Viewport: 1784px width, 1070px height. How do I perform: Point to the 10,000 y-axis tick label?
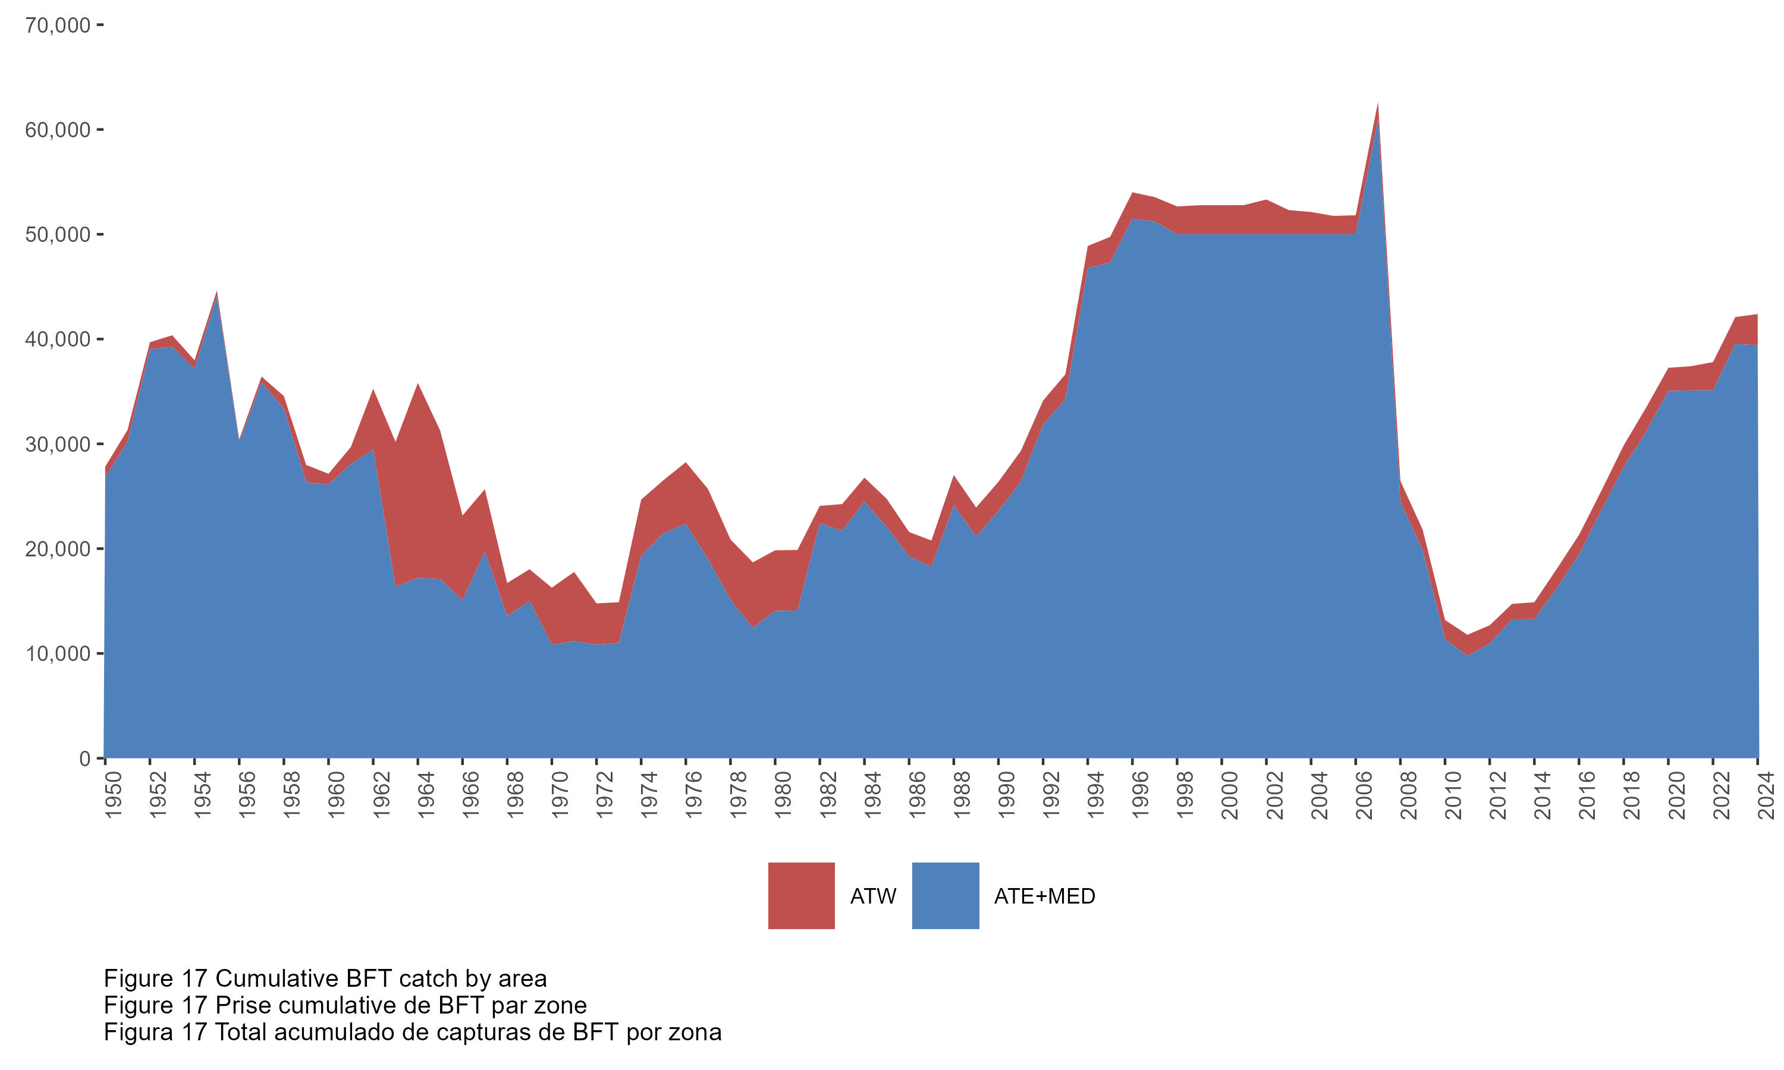coord(58,654)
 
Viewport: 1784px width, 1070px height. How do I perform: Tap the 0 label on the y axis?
coord(85,759)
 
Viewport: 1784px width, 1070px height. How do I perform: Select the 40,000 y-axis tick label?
coord(58,339)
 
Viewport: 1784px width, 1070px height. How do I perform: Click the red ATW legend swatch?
coord(801,895)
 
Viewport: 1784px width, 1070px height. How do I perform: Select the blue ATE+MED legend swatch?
coord(946,895)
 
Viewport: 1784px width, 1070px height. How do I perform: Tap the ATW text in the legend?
coord(872,896)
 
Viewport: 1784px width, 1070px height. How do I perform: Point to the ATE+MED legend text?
coord(1044,896)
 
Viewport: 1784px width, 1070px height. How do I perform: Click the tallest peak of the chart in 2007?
coord(1378,105)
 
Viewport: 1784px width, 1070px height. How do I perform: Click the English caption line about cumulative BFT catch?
coord(325,978)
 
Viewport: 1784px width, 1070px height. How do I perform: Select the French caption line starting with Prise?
coord(345,1005)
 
